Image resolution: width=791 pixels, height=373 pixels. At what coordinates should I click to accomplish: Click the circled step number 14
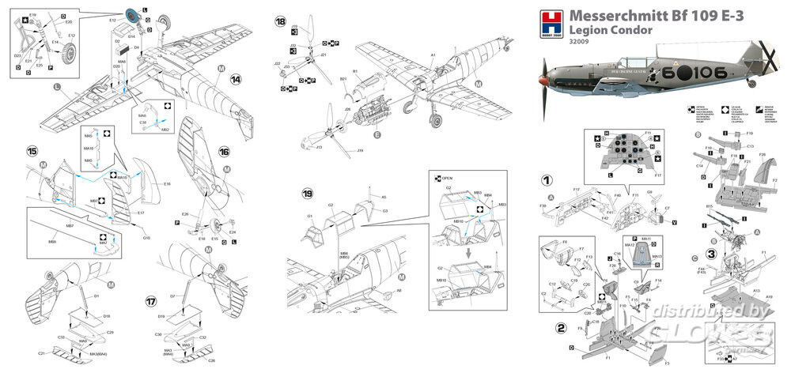click(236, 80)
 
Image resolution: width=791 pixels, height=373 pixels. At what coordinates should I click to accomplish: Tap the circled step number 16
click(224, 151)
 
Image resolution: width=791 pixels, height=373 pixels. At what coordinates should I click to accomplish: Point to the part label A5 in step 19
click(384, 197)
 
